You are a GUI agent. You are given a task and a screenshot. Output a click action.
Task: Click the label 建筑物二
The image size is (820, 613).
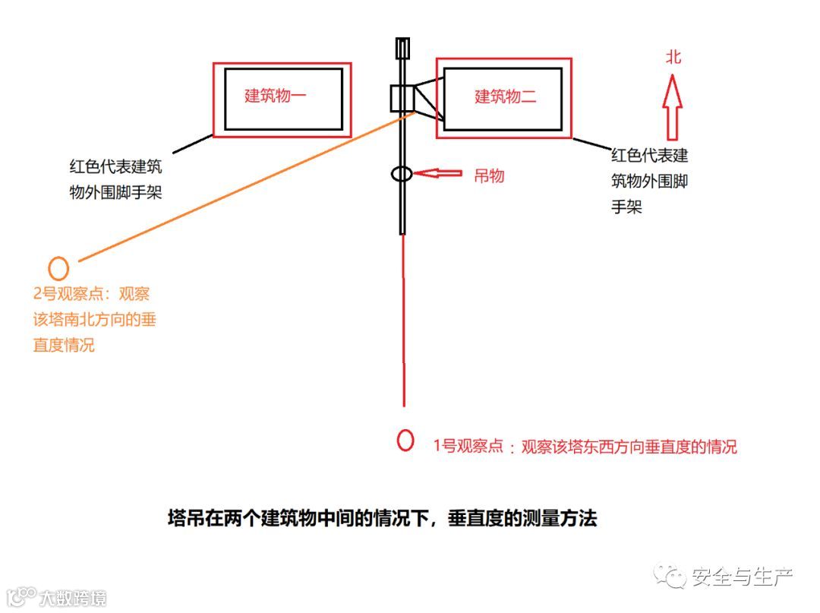coord(506,96)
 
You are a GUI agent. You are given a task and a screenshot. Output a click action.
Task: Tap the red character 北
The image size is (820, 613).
coord(673,57)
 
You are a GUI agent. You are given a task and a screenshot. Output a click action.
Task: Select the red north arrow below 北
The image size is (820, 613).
coord(673,99)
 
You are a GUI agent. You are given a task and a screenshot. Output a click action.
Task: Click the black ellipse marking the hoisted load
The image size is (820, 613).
coord(402,173)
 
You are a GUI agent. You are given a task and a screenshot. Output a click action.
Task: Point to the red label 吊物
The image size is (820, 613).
coord(489,175)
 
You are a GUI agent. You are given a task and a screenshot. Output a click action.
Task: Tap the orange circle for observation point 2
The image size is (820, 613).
coord(58,267)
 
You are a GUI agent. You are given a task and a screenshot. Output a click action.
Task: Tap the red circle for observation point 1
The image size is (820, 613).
coord(405,440)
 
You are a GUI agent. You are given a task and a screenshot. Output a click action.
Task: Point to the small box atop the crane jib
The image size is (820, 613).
coord(402,48)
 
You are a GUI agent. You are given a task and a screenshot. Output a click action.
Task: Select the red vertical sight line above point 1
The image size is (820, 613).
coord(402,319)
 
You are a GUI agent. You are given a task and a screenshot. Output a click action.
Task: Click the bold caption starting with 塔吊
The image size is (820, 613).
coord(382,519)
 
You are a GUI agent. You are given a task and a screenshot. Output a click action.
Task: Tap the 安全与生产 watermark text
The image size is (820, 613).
coord(741,577)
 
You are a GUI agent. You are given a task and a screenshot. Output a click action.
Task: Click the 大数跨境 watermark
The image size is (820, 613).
coord(73,597)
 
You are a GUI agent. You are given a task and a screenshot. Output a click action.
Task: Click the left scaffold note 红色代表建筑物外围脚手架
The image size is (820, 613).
coord(115,179)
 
